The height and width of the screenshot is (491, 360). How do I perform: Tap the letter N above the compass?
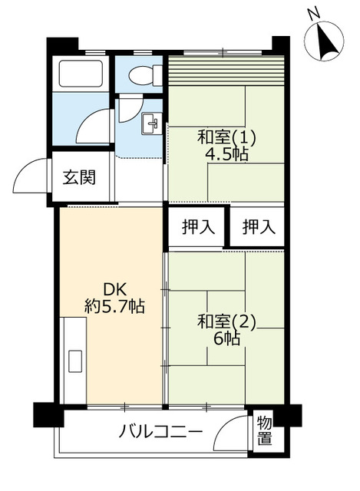pos(313,13)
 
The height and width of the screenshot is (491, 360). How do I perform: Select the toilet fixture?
pos(144,75)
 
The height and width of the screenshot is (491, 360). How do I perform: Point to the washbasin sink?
pos(151,123)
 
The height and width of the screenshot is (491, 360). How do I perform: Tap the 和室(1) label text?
pos(226,138)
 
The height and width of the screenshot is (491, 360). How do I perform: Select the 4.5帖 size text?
pos(226,154)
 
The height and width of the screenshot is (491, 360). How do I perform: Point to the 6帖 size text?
pos(227,338)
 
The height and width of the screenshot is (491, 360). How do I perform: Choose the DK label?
pos(115,290)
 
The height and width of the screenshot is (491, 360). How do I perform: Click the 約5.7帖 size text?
pos(115,306)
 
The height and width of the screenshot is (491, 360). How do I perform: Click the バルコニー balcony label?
pos(161,431)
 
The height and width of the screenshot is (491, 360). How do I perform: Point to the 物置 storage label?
pos(264,430)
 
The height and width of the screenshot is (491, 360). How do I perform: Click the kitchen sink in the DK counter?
pos(76,361)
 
